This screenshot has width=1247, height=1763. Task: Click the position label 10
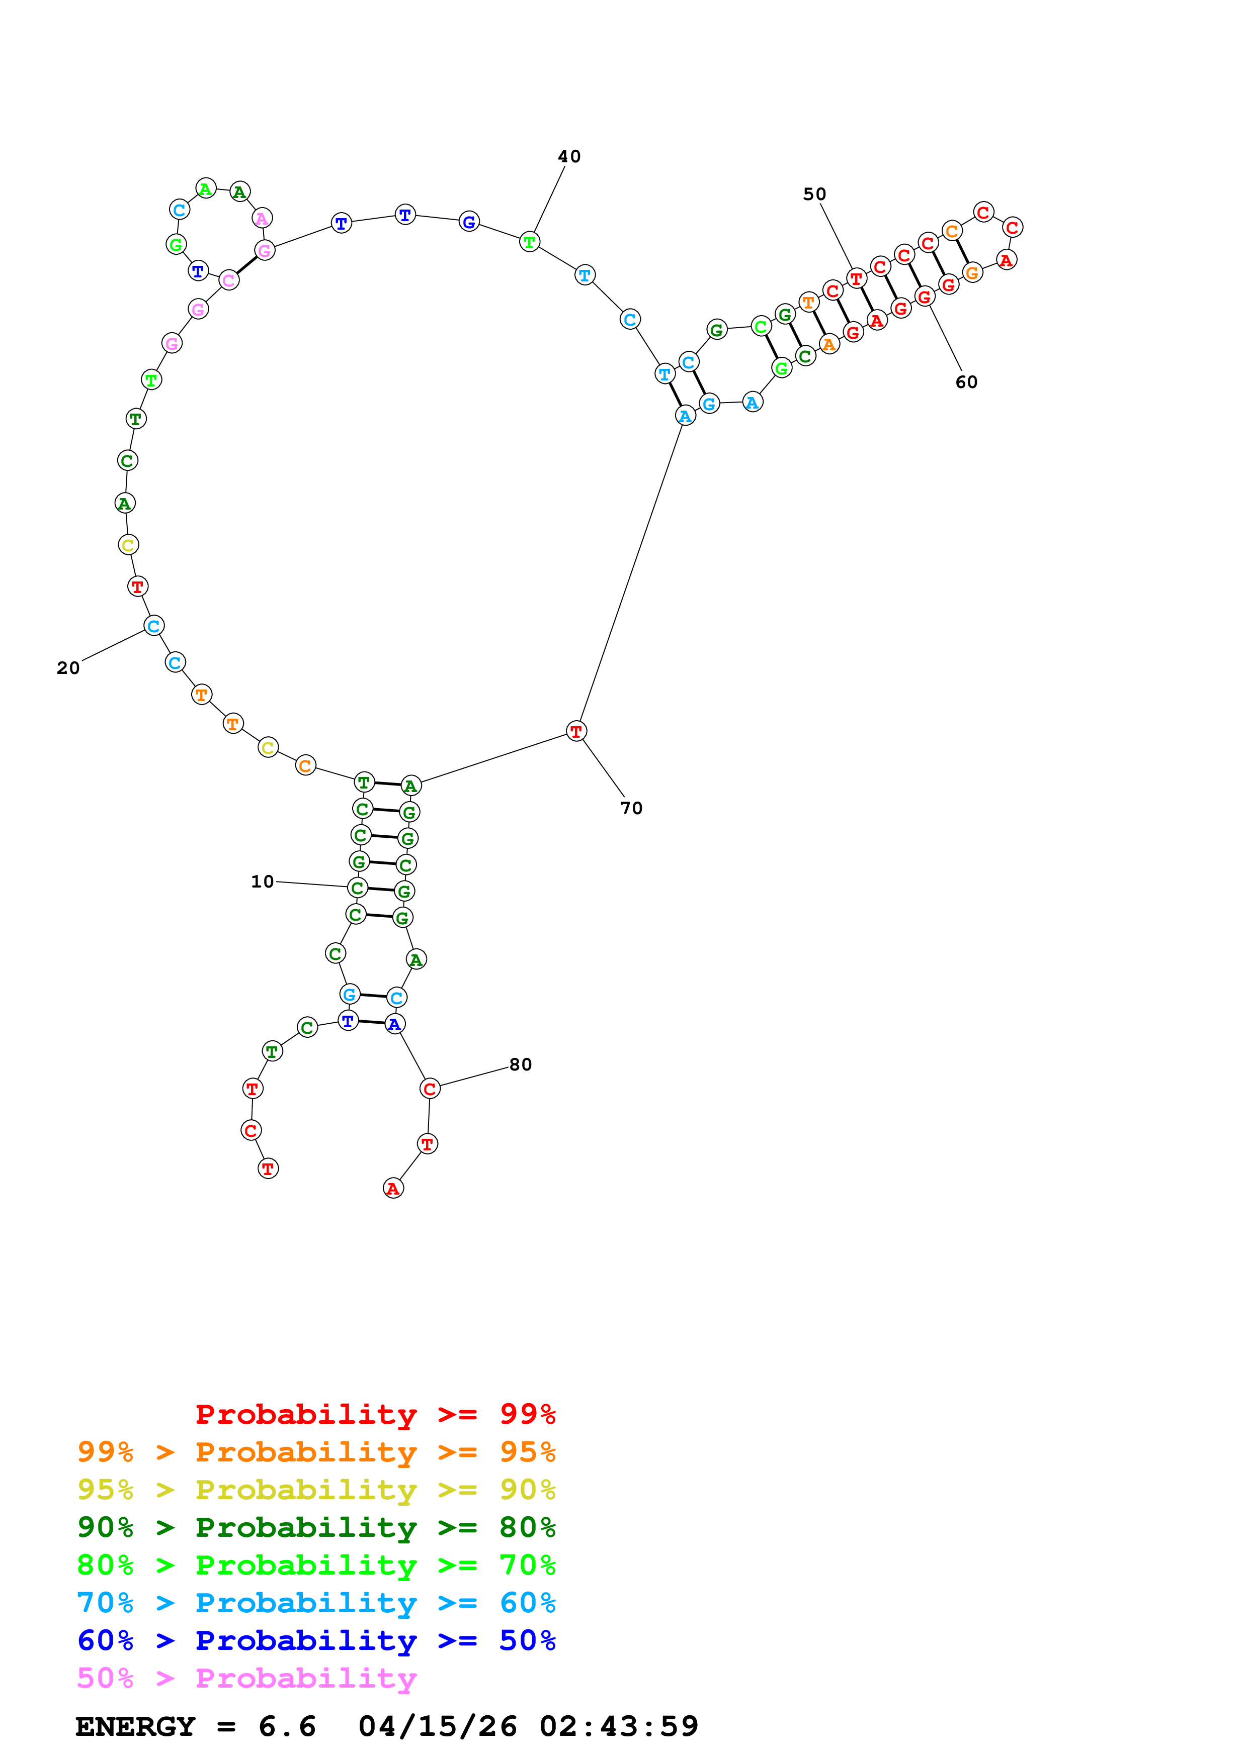[262, 881]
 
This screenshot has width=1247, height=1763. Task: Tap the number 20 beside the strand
[68, 668]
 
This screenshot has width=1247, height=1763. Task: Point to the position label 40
[569, 157]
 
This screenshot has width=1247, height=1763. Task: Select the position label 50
[814, 194]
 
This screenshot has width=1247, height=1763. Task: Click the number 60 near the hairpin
[966, 382]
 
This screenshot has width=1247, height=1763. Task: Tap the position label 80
[521, 1064]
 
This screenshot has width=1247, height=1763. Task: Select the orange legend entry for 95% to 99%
[316, 1452]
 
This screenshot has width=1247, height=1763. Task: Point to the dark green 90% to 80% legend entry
[316, 1527]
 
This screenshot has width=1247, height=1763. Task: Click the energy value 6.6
[287, 1726]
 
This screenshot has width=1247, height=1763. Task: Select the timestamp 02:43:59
[619, 1726]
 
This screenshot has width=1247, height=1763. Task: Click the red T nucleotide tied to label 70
[576, 731]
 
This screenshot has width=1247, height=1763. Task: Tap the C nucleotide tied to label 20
[153, 626]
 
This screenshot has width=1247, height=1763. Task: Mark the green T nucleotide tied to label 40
[529, 242]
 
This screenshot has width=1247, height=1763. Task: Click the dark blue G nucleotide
[469, 222]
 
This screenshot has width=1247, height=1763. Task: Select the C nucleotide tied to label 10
[357, 888]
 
